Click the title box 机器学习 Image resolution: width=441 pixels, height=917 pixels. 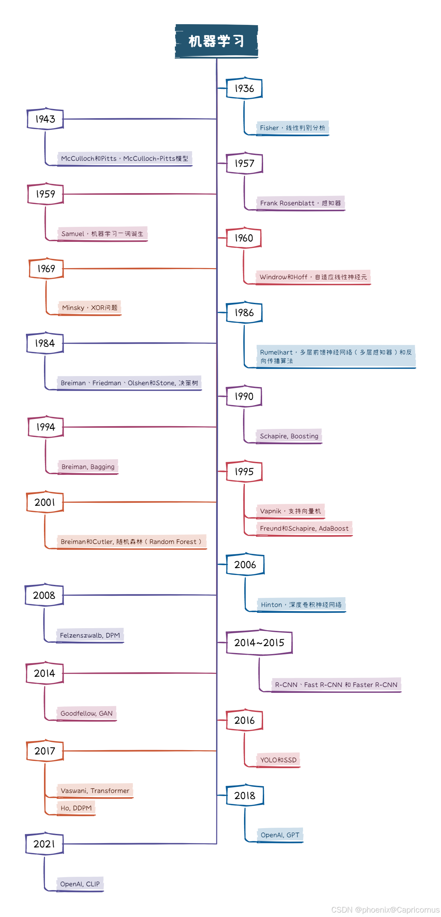pyautogui.click(x=216, y=41)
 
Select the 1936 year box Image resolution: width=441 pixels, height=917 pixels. pyautogui.click(x=244, y=88)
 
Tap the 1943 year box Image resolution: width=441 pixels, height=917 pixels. pyautogui.click(x=45, y=119)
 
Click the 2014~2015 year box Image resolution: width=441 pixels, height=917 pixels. pyautogui.click(x=259, y=642)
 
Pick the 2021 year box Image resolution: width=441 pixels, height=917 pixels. pyautogui.click(x=45, y=844)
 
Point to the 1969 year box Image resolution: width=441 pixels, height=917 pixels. pyautogui.click(x=46, y=268)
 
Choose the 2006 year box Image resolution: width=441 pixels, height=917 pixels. pyautogui.click(x=245, y=564)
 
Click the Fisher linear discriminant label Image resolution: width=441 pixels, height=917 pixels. pyautogui.click(x=292, y=128)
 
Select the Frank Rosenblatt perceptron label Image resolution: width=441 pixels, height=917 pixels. pyautogui.click(x=300, y=203)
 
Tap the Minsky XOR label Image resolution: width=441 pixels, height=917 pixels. pyautogui.click(x=89, y=308)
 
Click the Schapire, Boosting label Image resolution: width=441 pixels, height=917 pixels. pyautogui.click(x=289, y=436)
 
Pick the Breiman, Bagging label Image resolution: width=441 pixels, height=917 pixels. pyautogui.click(x=88, y=467)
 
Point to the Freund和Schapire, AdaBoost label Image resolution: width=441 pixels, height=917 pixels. pyautogui.click(x=304, y=528)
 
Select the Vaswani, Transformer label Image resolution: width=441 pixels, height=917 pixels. pyautogui.click(x=95, y=791)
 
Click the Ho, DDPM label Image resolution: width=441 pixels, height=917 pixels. pyautogui.click(x=76, y=808)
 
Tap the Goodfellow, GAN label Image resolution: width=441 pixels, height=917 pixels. pyautogui.click(x=86, y=713)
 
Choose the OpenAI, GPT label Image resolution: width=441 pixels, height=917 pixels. pyautogui.click(x=280, y=835)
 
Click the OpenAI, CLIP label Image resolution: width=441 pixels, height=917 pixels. pyautogui.click(x=80, y=884)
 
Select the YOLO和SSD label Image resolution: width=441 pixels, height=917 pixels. pyautogui.click(x=278, y=760)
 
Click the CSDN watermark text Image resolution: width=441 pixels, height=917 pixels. pyautogui.click(x=385, y=910)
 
